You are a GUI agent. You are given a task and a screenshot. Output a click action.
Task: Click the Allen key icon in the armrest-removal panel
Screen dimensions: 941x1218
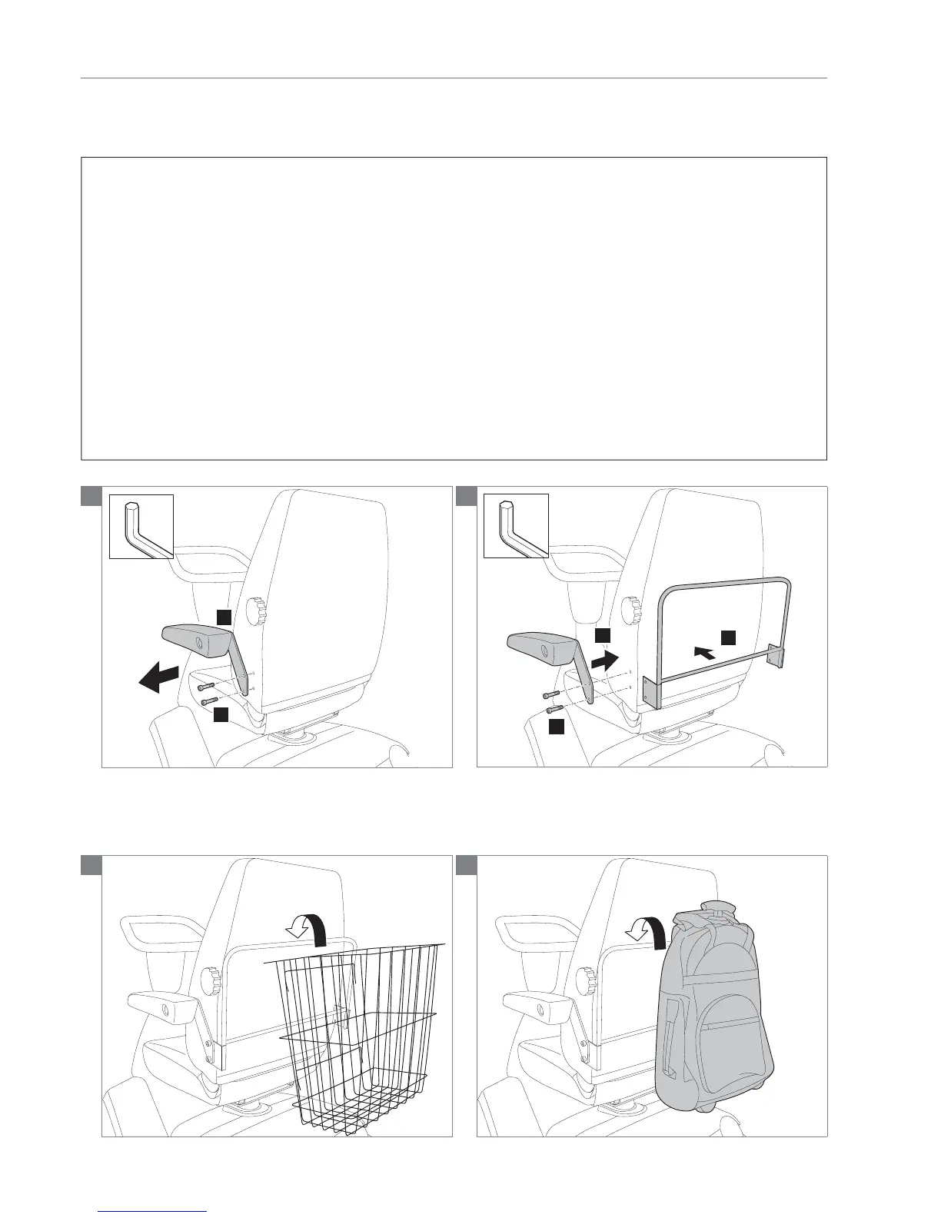coord(141,527)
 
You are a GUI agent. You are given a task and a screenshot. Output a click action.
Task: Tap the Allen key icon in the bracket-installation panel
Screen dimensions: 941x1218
coord(516,527)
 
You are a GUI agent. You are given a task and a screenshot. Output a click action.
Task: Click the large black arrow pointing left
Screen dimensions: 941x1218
coord(158,680)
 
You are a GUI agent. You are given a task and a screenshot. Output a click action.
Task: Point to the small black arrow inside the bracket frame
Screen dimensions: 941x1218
coord(703,653)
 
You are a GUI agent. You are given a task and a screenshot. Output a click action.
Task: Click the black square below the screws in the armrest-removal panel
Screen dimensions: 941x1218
coord(220,715)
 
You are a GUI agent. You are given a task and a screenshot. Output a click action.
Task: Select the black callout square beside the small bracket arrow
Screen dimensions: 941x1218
coord(727,637)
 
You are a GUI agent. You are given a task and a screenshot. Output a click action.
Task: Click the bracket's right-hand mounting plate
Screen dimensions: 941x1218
coord(778,656)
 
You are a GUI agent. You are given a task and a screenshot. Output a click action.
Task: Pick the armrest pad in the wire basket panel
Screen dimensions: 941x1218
coord(158,1004)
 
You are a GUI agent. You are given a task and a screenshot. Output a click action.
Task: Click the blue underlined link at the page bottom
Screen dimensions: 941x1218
coord(153,1210)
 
